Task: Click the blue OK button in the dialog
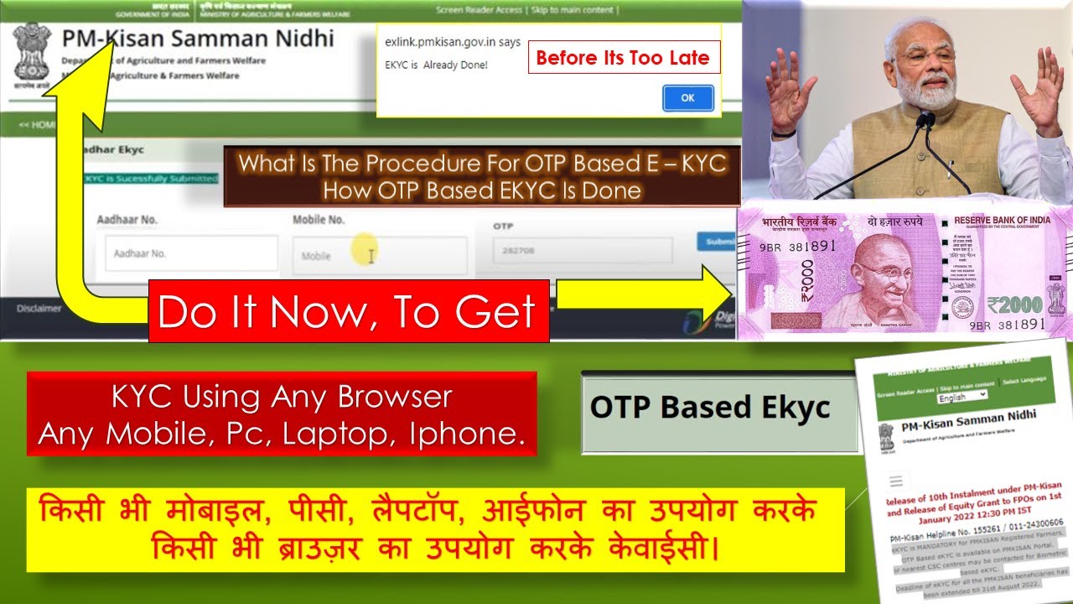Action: [x=687, y=98]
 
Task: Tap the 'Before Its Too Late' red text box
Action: [x=623, y=58]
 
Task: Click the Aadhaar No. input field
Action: [x=190, y=253]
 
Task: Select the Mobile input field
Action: [x=379, y=256]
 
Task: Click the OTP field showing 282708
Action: [x=582, y=251]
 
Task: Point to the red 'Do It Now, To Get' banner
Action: [x=349, y=311]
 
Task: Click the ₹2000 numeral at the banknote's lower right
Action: [x=1014, y=303]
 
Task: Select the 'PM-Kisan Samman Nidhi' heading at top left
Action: [x=198, y=39]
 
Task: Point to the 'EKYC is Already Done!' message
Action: [x=436, y=65]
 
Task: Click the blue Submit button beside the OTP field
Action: [x=716, y=241]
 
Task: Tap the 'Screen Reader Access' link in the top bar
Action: [x=479, y=10]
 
